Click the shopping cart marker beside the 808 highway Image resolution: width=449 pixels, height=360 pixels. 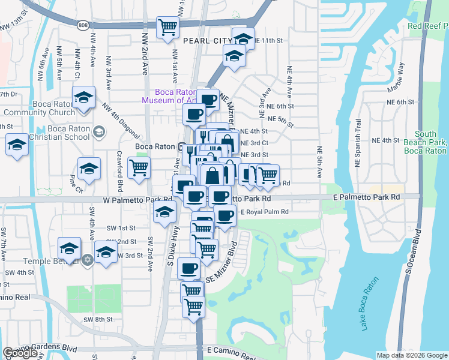pos(167,27)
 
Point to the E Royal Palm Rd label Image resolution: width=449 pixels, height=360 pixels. pos(265,212)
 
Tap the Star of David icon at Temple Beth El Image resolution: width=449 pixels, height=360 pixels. pos(88,260)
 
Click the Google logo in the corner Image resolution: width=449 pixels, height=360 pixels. pos(20,353)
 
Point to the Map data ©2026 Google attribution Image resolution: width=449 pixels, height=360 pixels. pos(411,355)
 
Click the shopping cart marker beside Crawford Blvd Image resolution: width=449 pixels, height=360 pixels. pos(139,169)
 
